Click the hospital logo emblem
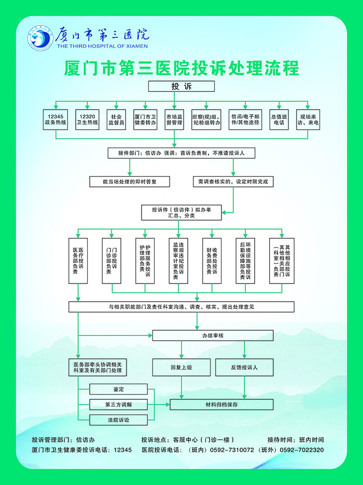point(41,38)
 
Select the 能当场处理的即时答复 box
point(130,182)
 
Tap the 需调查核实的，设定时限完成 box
point(233,182)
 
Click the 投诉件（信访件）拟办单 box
point(181,212)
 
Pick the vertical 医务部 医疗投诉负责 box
point(78,261)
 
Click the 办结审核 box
point(213,336)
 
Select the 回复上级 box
point(181,368)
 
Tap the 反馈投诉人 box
point(244,368)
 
